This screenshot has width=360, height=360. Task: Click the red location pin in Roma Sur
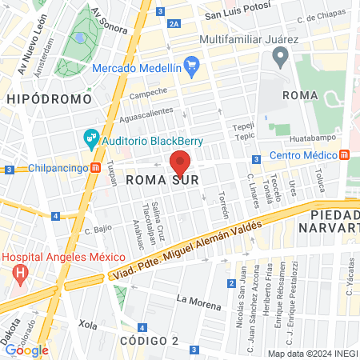click(180, 163)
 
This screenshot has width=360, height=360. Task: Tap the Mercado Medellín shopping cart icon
click(191, 65)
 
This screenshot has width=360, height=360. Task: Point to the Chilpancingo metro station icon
click(95, 168)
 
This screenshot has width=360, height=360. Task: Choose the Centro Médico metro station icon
click(344, 154)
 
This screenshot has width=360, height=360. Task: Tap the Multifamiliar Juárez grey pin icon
click(280, 57)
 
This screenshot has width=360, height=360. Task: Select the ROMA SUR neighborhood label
click(162, 181)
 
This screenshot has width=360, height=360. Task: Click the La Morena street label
click(193, 300)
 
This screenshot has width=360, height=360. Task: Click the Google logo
click(26, 350)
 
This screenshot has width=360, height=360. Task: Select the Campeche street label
click(149, 93)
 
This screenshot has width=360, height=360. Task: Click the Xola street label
click(86, 326)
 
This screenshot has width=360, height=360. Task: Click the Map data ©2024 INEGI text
click(311, 353)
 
